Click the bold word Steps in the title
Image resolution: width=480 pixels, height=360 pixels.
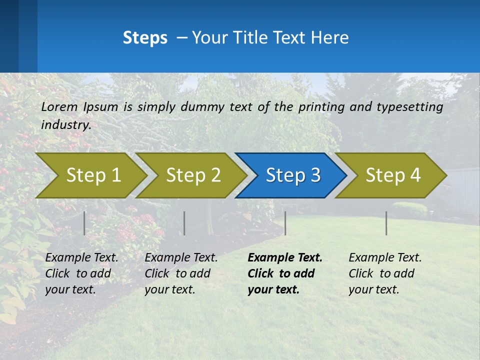[x=145, y=38]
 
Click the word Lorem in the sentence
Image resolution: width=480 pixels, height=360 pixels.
[x=59, y=106]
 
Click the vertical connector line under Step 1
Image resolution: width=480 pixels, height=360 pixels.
[x=84, y=223]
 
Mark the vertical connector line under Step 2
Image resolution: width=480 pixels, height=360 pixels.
[x=184, y=223]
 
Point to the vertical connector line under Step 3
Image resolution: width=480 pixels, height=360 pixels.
[x=285, y=223]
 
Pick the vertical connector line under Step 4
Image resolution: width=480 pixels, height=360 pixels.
[x=386, y=223]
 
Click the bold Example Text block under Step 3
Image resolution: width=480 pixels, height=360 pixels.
[x=285, y=273]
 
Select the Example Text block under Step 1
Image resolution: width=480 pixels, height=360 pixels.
[x=81, y=273]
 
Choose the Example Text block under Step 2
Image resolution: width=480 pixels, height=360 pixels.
[x=181, y=273]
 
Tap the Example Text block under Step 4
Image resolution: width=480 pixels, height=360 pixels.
[x=385, y=273]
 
